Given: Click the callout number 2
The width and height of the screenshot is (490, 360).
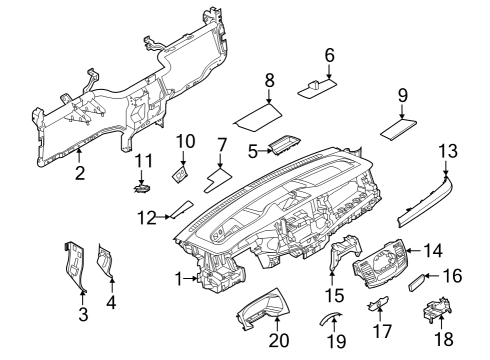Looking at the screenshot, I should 79,173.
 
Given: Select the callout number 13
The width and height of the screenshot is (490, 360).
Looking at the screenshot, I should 446,151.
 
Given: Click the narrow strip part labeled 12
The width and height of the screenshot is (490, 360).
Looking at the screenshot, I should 181,209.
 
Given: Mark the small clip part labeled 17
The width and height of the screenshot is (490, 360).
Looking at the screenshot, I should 380,305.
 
